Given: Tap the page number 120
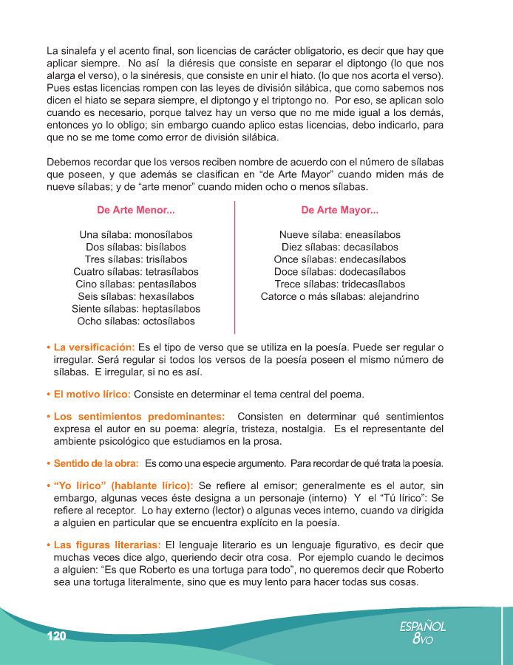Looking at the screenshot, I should pos(56,636).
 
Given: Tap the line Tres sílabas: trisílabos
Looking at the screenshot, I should pos(136,259).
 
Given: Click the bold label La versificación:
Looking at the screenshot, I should pos(94,347).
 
